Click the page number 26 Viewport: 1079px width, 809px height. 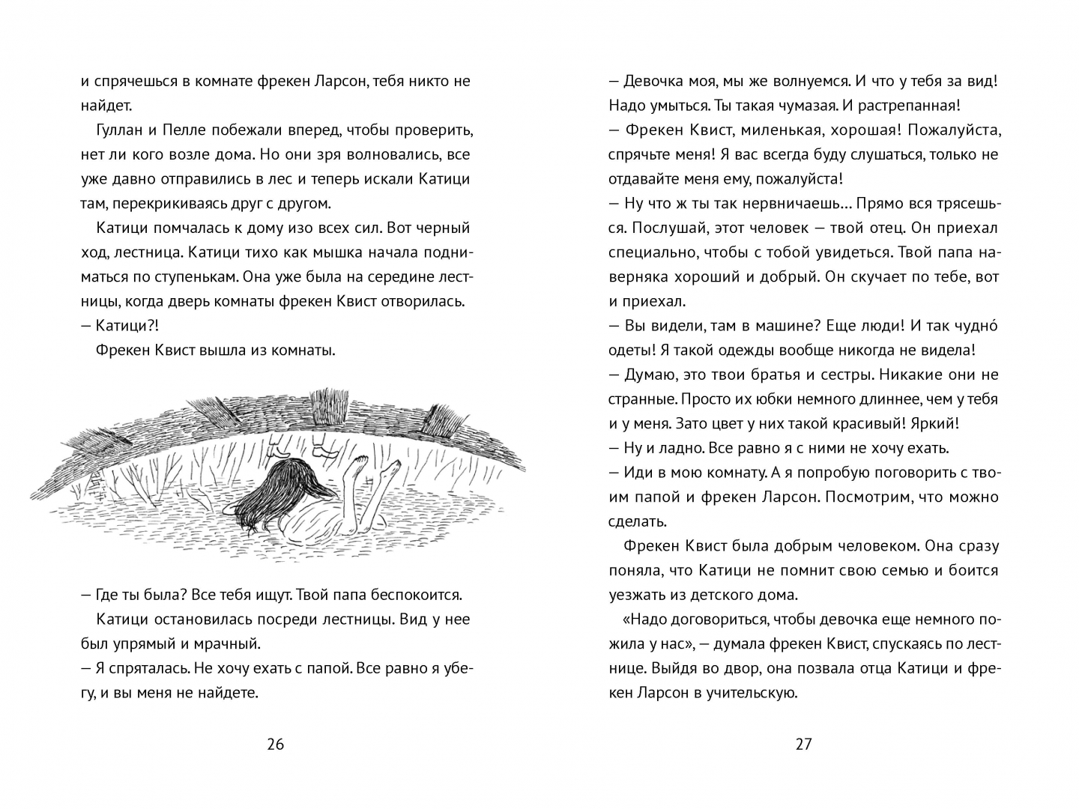click(x=275, y=744)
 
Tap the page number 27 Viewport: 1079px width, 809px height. click(x=803, y=744)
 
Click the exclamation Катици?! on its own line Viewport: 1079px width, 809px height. click(x=127, y=325)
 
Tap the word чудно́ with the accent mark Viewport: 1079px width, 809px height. click(x=976, y=325)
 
